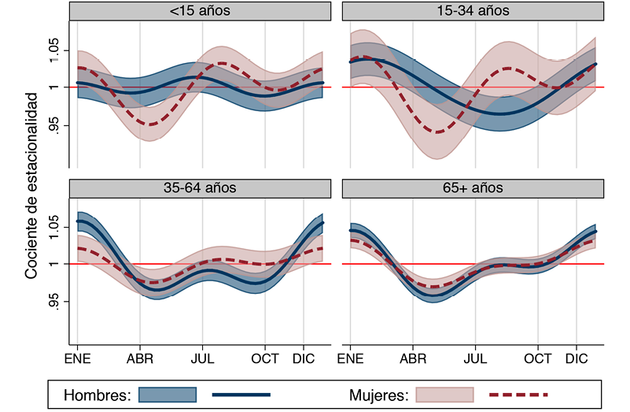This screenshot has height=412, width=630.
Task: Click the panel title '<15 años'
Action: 198,11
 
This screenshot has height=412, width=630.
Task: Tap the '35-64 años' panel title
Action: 198,188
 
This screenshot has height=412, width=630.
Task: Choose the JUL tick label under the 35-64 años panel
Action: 203,359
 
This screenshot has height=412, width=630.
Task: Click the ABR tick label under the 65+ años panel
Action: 412,359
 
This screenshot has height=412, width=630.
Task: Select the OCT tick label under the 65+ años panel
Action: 538,359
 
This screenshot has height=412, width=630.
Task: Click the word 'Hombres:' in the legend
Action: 96,393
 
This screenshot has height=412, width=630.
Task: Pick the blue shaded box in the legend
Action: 167,393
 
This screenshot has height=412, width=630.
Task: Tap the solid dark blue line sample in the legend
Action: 241,393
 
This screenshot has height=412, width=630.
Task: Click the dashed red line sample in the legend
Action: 518,393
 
